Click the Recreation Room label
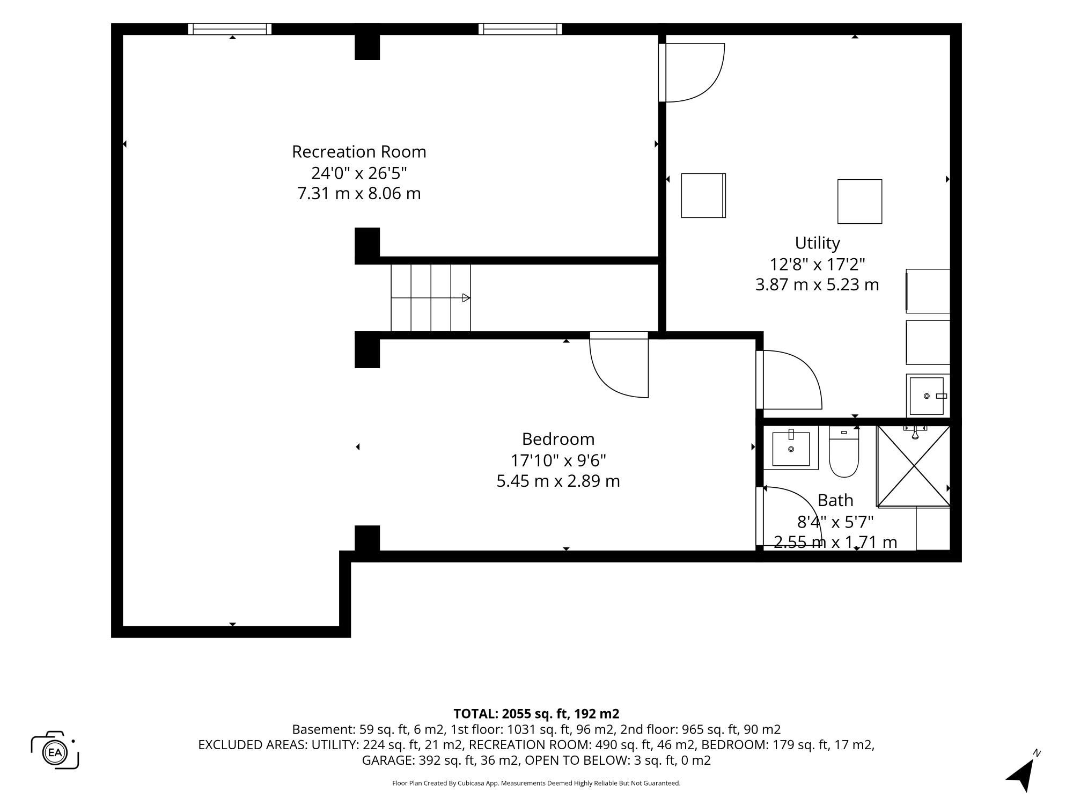pyautogui.click(x=359, y=152)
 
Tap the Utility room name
pyautogui.click(x=817, y=243)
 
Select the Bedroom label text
pyautogui.click(x=558, y=439)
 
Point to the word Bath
pyautogui.click(x=835, y=500)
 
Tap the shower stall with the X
pyautogui.click(x=914, y=466)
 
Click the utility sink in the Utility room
pyautogui.click(x=928, y=396)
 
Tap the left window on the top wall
pyautogui.click(x=230, y=29)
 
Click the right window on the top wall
pyautogui.click(x=520, y=29)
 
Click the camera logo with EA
pyautogui.click(x=55, y=750)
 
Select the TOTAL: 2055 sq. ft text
pyautogui.click(x=510, y=714)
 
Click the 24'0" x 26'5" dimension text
pyautogui.click(x=359, y=173)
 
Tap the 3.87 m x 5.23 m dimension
pyautogui.click(x=817, y=284)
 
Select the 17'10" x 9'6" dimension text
pyautogui.click(x=558, y=460)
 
